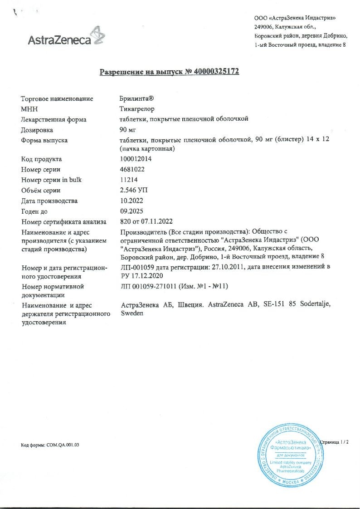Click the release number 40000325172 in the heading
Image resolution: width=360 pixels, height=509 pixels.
coord(216,72)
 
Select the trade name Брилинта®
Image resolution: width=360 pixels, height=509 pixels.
coord(134,99)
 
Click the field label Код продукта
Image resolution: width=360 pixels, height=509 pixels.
coord(42,159)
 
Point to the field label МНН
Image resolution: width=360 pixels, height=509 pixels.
coord(29,109)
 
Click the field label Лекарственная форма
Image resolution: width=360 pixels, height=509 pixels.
coord(54,120)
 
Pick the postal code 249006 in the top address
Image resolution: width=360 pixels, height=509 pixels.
coord(264,27)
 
